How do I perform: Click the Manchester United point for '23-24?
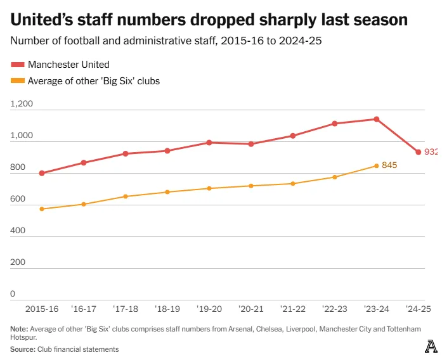[377, 119]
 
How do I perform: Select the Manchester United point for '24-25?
[418, 152]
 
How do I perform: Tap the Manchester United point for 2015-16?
[42, 173]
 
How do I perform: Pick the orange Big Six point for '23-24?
[377, 166]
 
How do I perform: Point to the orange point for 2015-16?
[42, 209]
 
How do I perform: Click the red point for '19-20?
[209, 143]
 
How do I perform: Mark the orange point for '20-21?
[251, 186]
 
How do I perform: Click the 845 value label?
[389, 165]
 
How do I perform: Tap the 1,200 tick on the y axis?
[22, 105]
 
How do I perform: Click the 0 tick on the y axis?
[13, 294]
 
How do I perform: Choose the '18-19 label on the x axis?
[167, 309]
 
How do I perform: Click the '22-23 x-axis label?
[335, 309]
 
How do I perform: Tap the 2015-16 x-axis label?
[42, 309]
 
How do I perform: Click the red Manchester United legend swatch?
[18, 65]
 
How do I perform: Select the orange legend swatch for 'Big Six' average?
[18, 80]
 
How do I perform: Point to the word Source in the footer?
[22, 349]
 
